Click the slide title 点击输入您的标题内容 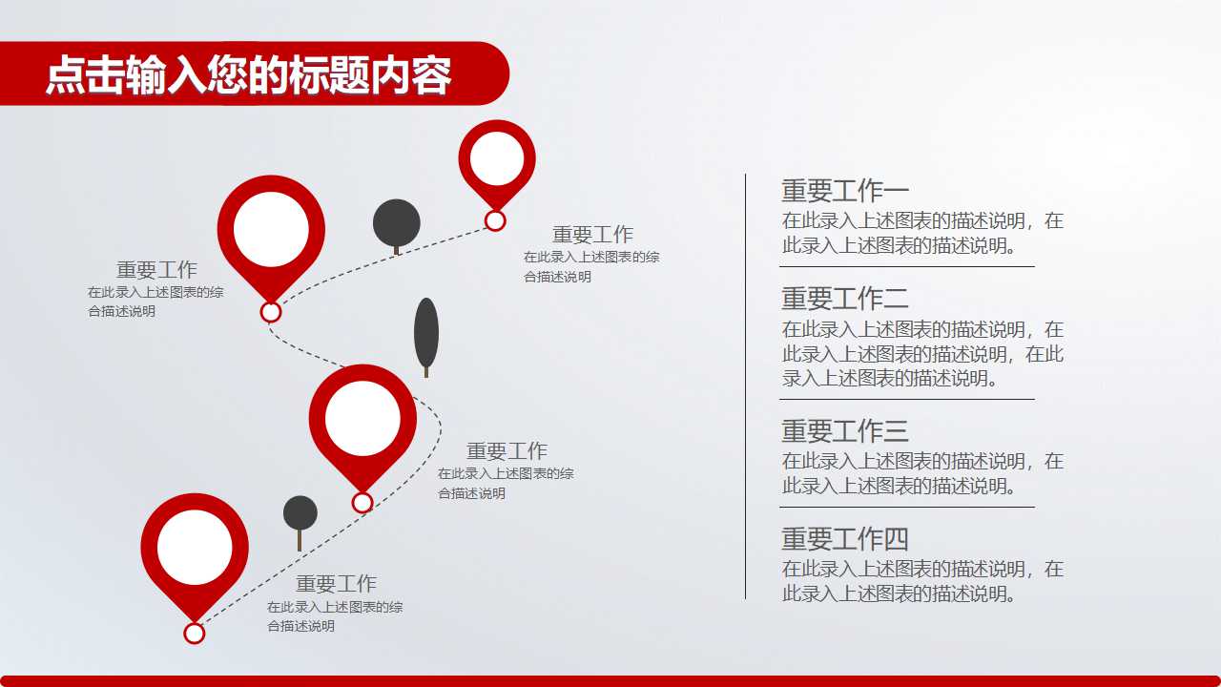(x=248, y=75)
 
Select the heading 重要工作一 (x=845, y=191)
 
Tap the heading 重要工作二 (x=845, y=299)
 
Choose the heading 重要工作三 (x=845, y=431)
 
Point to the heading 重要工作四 (x=845, y=539)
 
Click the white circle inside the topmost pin (x=497, y=158)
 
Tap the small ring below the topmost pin (x=495, y=220)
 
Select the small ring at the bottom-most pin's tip (x=195, y=633)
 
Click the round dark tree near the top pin (x=396, y=222)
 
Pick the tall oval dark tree (x=426, y=333)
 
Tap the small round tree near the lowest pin (x=300, y=513)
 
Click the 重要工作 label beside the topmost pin (x=592, y=235)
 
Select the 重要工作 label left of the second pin (x=156, y=270)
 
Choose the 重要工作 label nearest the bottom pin (x=336, y=584)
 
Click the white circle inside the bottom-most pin (x=195, y=548)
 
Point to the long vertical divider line (x=745, y=386)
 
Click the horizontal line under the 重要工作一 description (x=908, y=266)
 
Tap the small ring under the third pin (x=362, y=503)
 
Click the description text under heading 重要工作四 (x=922, y=581)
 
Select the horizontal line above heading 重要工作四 (x=908, y=507)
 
